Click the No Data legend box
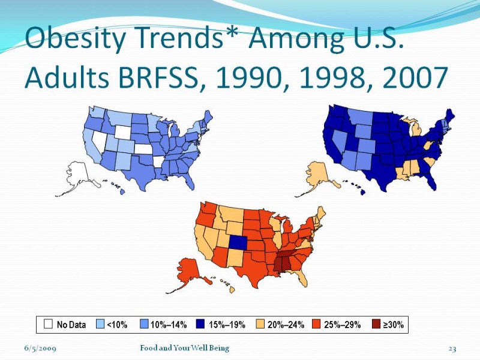(48, 325)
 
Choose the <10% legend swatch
(101, 325)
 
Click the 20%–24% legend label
(285, 325)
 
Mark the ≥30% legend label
(394, 325)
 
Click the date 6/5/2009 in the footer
(40, 349)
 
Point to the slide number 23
(452, 349)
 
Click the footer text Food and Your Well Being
(184, 349)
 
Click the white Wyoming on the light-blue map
(123, 131)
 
